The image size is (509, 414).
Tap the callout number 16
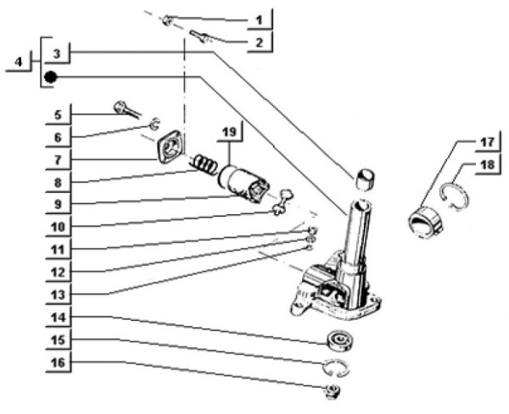point(56,364)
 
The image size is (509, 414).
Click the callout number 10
point(56,226)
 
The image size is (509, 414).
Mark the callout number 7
point(56,158)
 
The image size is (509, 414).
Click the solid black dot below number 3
point(51,77)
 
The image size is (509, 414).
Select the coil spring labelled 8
point(204,163)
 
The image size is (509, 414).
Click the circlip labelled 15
point(338,367)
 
